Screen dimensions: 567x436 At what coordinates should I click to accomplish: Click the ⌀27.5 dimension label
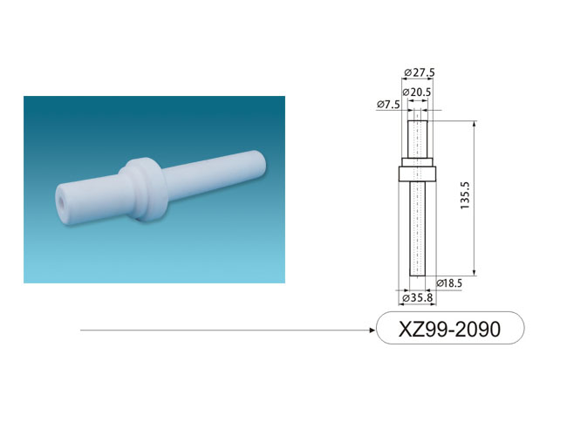(420, 72)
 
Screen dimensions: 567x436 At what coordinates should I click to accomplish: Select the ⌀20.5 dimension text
(417, 92)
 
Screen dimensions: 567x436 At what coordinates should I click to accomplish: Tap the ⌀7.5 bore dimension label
(388, 105)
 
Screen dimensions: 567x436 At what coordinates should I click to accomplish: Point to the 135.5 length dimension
(465, 195)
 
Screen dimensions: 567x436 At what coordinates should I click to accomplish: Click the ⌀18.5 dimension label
(449, 283)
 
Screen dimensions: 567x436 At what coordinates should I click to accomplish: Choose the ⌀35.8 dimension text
(418, 298)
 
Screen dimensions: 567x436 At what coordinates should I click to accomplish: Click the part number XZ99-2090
(449, 329)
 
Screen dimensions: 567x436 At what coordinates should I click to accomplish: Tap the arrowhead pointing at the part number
(372, 330)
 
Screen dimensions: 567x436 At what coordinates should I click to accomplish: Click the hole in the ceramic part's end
(62, 204)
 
